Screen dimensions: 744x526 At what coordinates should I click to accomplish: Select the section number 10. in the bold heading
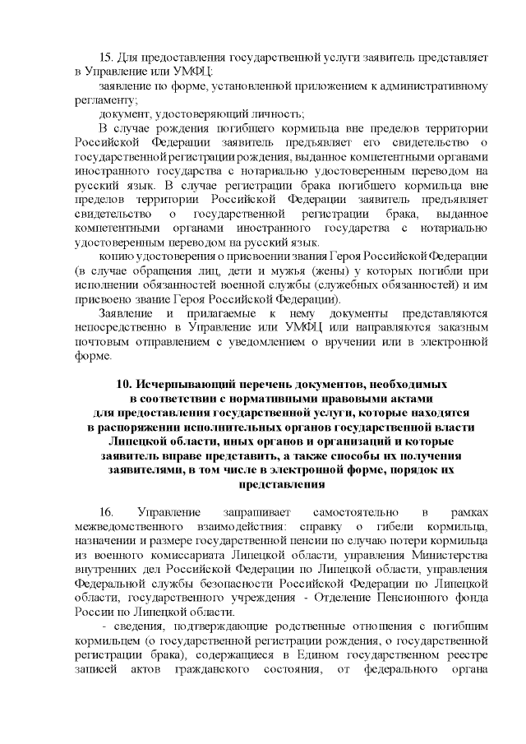(126, 384)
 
